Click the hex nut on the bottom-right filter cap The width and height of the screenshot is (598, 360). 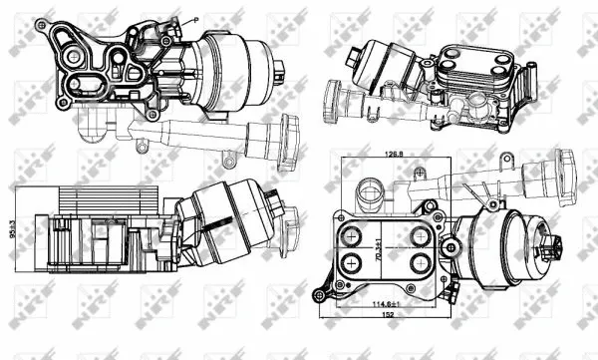[x=552, y=251]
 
